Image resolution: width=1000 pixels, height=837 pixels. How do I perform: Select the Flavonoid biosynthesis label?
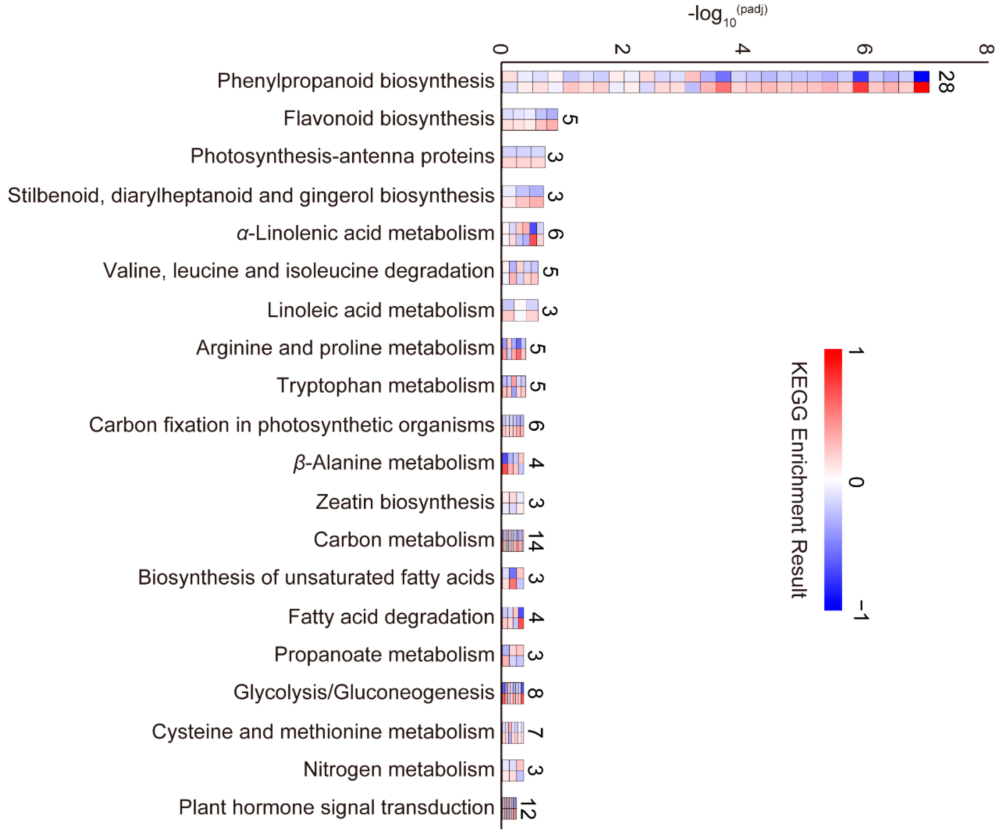[x=389, y=119]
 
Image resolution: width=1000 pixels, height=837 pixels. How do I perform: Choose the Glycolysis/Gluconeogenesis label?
[x=364, y=692]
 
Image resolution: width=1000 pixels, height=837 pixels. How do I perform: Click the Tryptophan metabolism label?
[x=385, y=385]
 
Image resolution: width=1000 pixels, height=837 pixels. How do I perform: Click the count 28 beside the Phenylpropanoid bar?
[x=946, y=81]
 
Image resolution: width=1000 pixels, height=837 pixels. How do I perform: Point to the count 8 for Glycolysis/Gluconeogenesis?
[x=536, y=693]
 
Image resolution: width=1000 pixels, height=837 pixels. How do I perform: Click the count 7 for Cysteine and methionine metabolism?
[x=536, y=732]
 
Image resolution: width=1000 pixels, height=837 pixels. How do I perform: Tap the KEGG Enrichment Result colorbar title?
[x=800, y=480]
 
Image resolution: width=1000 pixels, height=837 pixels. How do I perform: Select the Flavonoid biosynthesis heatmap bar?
[x=530, y=119]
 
